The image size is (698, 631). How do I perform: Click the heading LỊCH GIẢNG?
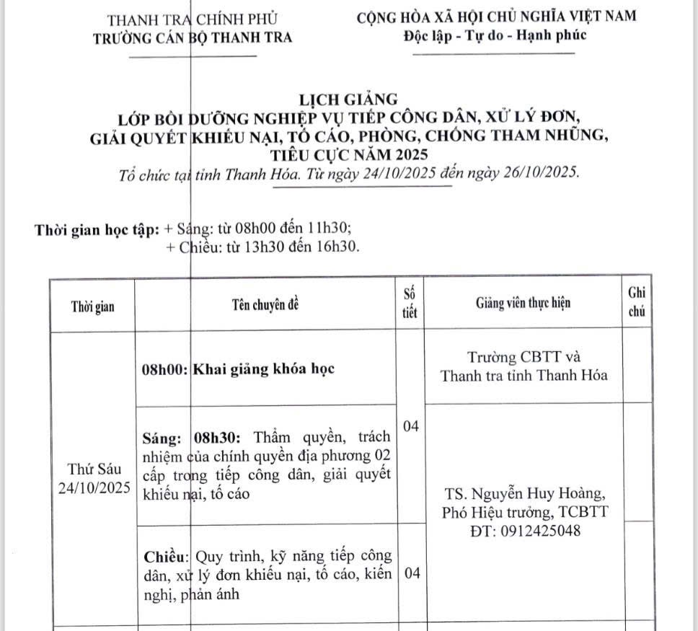(349, 99)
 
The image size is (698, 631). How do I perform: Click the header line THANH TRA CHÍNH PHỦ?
(192, 19)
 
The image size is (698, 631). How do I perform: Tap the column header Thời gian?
(92, 306)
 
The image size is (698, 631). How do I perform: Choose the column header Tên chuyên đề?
(265, 304)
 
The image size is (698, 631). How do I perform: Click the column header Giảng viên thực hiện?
(523, 304)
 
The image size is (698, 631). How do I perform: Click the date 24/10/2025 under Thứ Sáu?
(94, 487)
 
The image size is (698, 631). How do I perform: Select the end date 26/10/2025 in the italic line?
(536, 175)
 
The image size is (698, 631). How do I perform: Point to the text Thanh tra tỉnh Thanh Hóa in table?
(523, 375)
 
